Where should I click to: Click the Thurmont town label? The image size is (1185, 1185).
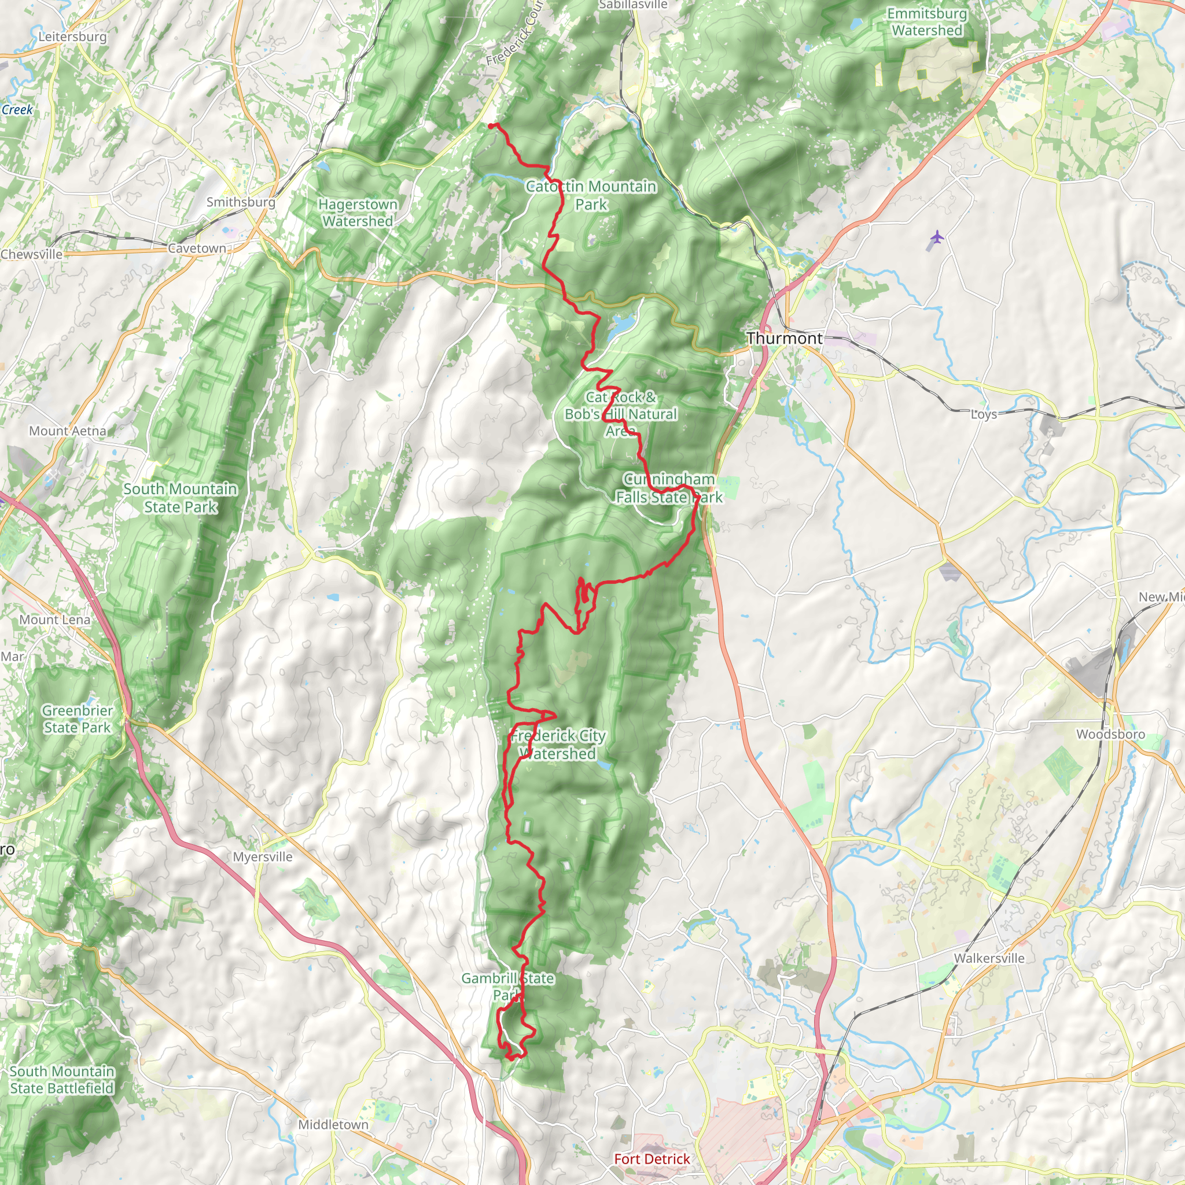785,338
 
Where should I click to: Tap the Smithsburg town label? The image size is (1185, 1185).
241,202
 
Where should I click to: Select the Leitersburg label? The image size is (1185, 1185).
72,37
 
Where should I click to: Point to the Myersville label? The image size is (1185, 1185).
263,857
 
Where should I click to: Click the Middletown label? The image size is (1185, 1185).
333,1125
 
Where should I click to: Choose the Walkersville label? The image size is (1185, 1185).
989,958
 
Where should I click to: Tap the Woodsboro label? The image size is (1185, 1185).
1110,734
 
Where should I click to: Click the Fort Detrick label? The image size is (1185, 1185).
652,1158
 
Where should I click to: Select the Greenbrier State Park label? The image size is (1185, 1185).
78,719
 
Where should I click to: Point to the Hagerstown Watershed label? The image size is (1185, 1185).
358,213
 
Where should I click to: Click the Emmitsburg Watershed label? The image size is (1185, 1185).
927,22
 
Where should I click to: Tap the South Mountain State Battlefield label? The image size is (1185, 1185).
62,1080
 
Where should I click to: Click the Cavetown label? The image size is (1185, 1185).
197,248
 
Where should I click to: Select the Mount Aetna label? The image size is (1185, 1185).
68,431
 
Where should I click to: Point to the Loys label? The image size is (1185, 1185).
983,415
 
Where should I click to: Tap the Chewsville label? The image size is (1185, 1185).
31,255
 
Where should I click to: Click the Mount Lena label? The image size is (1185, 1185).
54,620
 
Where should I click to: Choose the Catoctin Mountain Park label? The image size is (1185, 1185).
591,195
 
